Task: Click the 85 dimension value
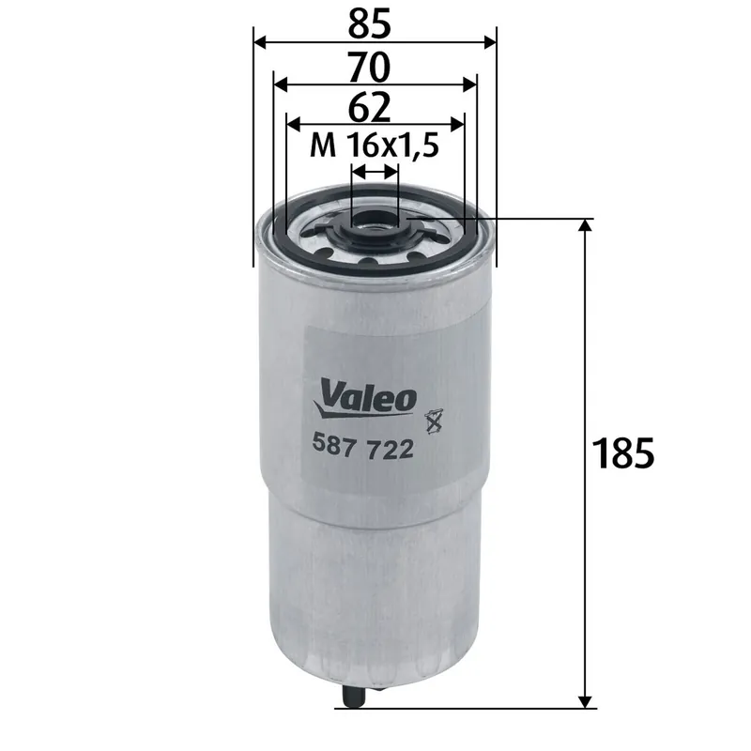375,20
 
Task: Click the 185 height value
623,454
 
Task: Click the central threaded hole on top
375,222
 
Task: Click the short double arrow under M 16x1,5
375,172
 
